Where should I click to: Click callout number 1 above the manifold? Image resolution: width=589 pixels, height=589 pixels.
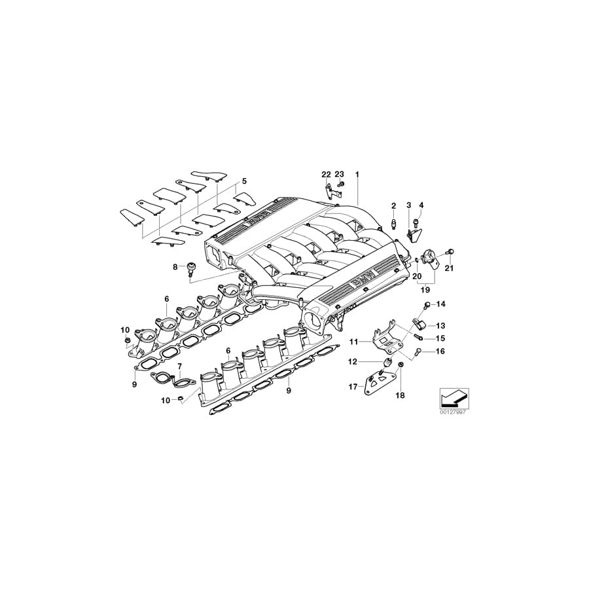(x=357, y=174)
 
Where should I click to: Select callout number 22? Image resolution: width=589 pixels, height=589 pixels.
(x=326, y=174)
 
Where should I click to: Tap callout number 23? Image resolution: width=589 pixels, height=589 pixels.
(x=339, y=174)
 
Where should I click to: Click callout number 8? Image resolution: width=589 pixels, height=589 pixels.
(x=175, y=266)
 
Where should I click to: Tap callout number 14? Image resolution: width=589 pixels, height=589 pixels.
(x=440, y=304)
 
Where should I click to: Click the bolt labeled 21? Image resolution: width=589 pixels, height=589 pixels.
(x=450, y=252)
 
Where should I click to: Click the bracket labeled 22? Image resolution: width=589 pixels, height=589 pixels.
(x=330, y=192)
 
